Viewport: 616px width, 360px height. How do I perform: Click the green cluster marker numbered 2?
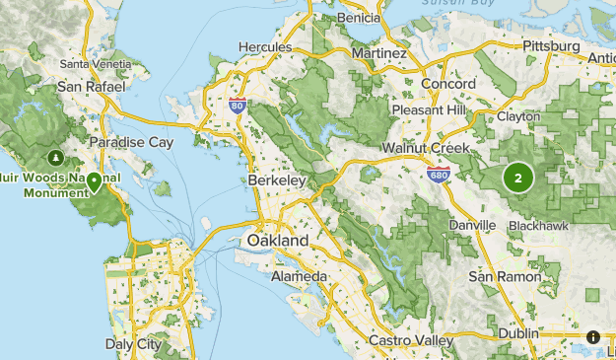pyautogui.click(x=517, y=178)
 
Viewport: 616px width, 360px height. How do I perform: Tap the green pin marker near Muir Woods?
pyautogui.click(x=94, y=181)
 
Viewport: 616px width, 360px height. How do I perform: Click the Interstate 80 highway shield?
pyautogui.click(x=236, y=104)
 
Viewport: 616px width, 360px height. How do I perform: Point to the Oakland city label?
pyautogui.click(x=277, y=241)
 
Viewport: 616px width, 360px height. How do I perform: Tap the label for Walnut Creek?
pyautogui.click(x=427, y=148)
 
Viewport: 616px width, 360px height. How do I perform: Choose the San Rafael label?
pyautogui.click(x=92, y=86)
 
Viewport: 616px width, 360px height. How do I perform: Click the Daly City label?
pyautogui.click(x=133, y=344)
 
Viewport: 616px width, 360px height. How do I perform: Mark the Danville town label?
pyautogui.click(x=472, y=225)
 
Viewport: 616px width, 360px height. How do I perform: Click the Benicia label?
pyautogui.click(x=358, y=18)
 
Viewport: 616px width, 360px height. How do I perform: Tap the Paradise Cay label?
pyautogui.click(x=131, y=142)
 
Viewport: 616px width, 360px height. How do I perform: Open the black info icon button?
pyautogui.click(x=593, y=336)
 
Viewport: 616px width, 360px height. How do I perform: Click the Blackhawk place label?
pyautogui.click(x=538, y=226)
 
